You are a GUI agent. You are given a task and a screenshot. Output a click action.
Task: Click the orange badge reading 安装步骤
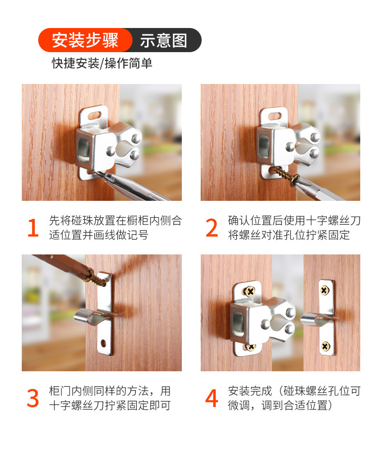point(85,41)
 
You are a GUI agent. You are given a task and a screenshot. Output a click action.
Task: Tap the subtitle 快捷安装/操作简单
point(102,64)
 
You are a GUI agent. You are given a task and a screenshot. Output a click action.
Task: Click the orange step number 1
point(33,228)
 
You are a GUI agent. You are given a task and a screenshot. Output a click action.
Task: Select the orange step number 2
point(212,228)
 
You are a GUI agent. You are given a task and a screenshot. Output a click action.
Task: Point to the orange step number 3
point(33,398)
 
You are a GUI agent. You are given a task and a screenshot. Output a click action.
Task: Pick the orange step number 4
point(212,398)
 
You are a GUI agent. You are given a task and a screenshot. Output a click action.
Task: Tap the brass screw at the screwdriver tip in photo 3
point(97,280)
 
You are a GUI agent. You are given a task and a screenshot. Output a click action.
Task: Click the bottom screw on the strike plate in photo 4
point(325,346)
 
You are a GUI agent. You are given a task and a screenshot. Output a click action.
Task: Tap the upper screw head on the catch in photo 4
point(250,291)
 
